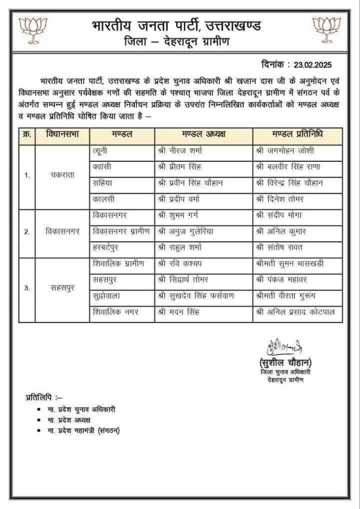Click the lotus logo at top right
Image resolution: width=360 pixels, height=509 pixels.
pyautogui.click(x=326, y=31)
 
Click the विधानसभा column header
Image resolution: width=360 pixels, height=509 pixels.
pyautogui.click(x=62, y=136)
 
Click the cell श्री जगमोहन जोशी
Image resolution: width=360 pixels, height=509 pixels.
pyautogui.click(x=285, y=151)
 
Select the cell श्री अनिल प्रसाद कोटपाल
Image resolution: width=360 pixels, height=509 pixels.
pyautogui.click(x=296, y=312)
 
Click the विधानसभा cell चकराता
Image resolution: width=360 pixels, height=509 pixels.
pyautogui.click(x=62, y=175)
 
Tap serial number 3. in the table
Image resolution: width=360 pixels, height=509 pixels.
pyautogui.click(x=26, y=288)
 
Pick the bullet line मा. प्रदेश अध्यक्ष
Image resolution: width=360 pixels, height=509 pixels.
pyautogui.click(x=69, y=420)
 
